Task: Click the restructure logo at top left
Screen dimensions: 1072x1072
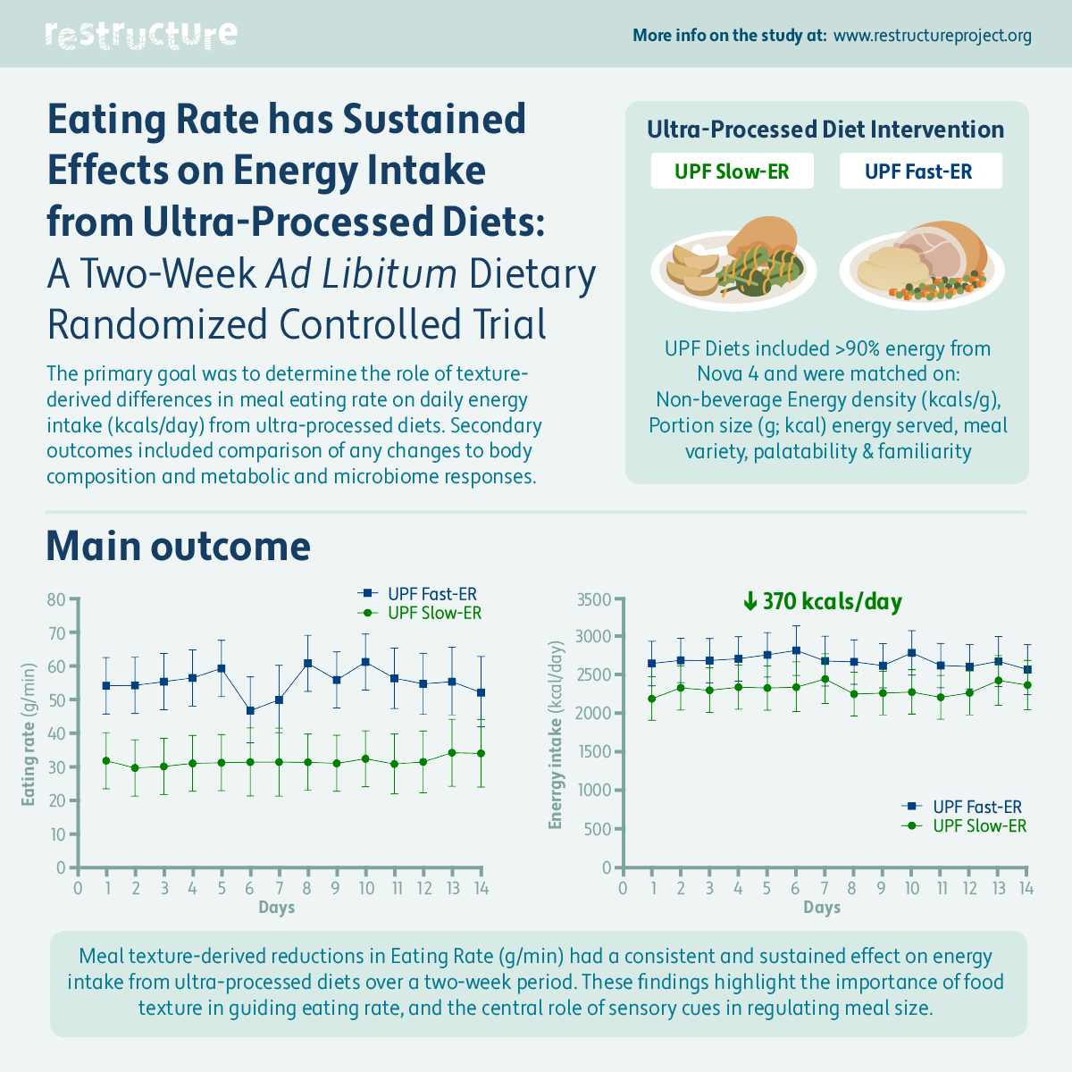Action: [141, 35]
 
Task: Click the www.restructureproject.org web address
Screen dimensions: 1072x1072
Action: [932, 36]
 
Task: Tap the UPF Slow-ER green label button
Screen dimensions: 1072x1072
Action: [732, 172]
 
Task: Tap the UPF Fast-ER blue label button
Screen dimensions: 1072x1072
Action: [919, 172]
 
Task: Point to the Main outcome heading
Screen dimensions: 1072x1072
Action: [178, 546]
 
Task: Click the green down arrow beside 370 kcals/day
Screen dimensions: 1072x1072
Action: [750, 602]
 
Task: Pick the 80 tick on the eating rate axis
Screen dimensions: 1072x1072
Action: [57, 599]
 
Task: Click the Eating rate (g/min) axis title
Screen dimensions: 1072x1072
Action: [29, 734]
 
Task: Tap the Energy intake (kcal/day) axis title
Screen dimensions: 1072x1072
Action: [557, 734]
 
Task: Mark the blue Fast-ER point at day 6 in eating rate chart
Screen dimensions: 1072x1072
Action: [250, 711]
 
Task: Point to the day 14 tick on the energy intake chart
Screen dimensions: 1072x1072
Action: [1026, 888]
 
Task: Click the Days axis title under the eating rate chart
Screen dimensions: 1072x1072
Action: [277, 908]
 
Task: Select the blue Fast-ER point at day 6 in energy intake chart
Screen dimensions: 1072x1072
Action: [796, 650]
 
